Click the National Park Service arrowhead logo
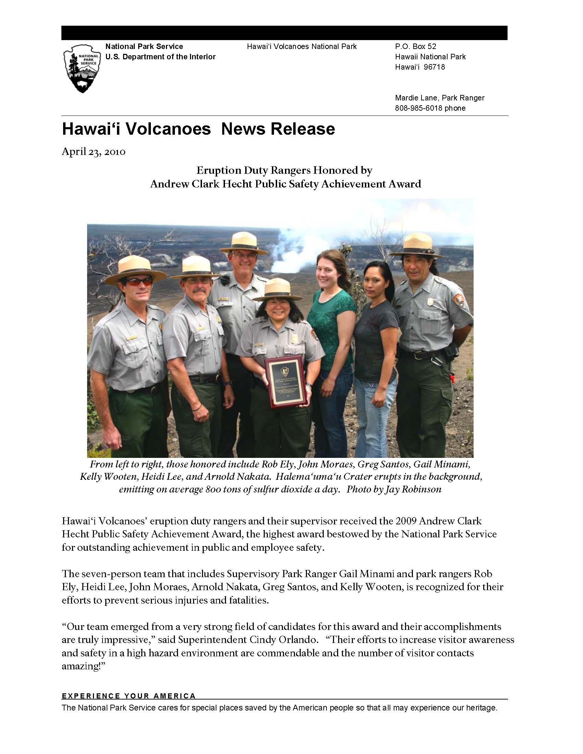point(82,69)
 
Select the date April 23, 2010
point(93,151)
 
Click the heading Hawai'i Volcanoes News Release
point(198,129)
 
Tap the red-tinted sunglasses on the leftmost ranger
point(139,282)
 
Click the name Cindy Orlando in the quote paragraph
point(282,640)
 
